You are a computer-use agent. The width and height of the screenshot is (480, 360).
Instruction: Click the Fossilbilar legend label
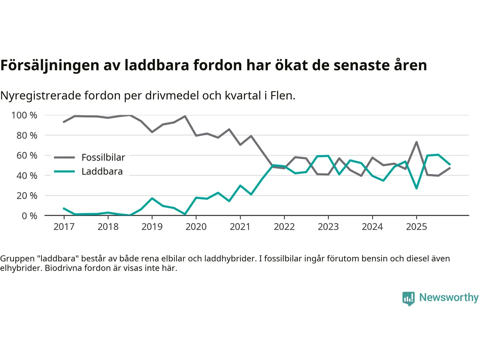pos(103,157)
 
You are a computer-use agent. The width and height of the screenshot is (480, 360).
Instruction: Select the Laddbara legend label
pos(102,171)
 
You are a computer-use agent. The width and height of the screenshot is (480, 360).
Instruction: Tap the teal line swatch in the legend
pos(64,171)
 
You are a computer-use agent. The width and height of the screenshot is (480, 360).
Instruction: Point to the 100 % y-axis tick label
pos(24,115)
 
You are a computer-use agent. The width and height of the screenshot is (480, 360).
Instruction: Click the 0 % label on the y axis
pos(29,216)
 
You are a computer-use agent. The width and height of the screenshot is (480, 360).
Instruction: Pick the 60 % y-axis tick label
pos(27,155)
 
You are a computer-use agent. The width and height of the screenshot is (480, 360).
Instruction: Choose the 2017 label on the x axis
pos(64,226)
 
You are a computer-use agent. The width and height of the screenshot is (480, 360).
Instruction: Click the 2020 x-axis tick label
pos(196,226)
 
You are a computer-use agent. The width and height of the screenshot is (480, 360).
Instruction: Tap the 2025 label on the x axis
pos(416,226)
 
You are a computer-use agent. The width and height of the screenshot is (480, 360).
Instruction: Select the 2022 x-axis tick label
pos(284,226)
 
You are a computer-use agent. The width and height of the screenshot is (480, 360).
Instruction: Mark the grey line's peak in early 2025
pos(416,142)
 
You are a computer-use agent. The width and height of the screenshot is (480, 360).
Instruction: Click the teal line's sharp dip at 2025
pos(416,188)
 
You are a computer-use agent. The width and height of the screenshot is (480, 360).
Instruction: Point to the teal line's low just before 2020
pos(185,214)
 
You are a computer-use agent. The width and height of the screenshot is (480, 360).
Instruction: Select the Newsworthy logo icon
pos(408,298)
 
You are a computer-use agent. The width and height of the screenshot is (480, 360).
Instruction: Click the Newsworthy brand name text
pos(449,297)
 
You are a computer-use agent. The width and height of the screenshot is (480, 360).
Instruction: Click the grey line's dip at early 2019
pos(152,132)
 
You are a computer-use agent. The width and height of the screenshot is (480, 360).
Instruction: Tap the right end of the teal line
pos(450,164)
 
